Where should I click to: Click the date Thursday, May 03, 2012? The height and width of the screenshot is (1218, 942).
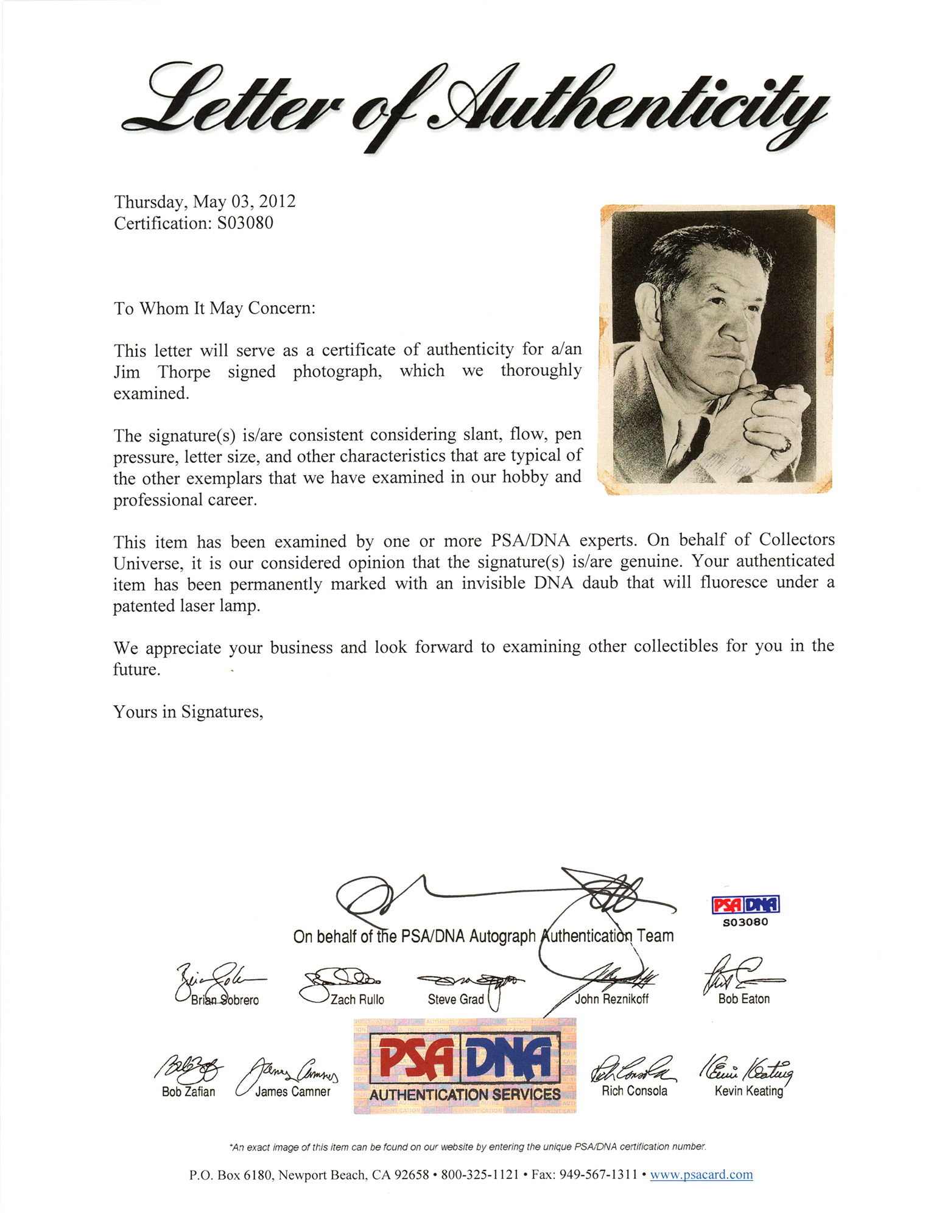(205, 202)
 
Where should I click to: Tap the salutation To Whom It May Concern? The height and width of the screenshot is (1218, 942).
(214, 308)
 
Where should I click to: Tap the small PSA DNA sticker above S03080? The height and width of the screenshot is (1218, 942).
(745, 904)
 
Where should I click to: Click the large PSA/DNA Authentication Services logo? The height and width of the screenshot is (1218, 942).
(465, 1066)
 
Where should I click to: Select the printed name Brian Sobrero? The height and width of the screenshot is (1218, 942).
(225, 1000)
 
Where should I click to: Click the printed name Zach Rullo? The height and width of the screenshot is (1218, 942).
(357, 999)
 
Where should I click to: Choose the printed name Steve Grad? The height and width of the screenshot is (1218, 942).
(455, 999)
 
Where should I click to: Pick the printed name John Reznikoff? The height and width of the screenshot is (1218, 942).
(611, 999)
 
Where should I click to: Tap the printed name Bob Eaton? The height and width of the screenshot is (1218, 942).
(743, 999)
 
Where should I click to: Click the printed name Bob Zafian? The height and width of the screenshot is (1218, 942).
(188, 1092)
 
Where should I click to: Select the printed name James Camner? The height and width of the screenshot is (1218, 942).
(292, 1092)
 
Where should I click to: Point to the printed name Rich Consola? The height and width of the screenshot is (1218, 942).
(634, 1091)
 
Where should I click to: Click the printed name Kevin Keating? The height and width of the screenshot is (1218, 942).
(748, 1091)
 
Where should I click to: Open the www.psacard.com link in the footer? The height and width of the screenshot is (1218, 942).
(701, 1174)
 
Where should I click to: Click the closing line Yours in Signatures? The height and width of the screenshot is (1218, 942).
(188, 711)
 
